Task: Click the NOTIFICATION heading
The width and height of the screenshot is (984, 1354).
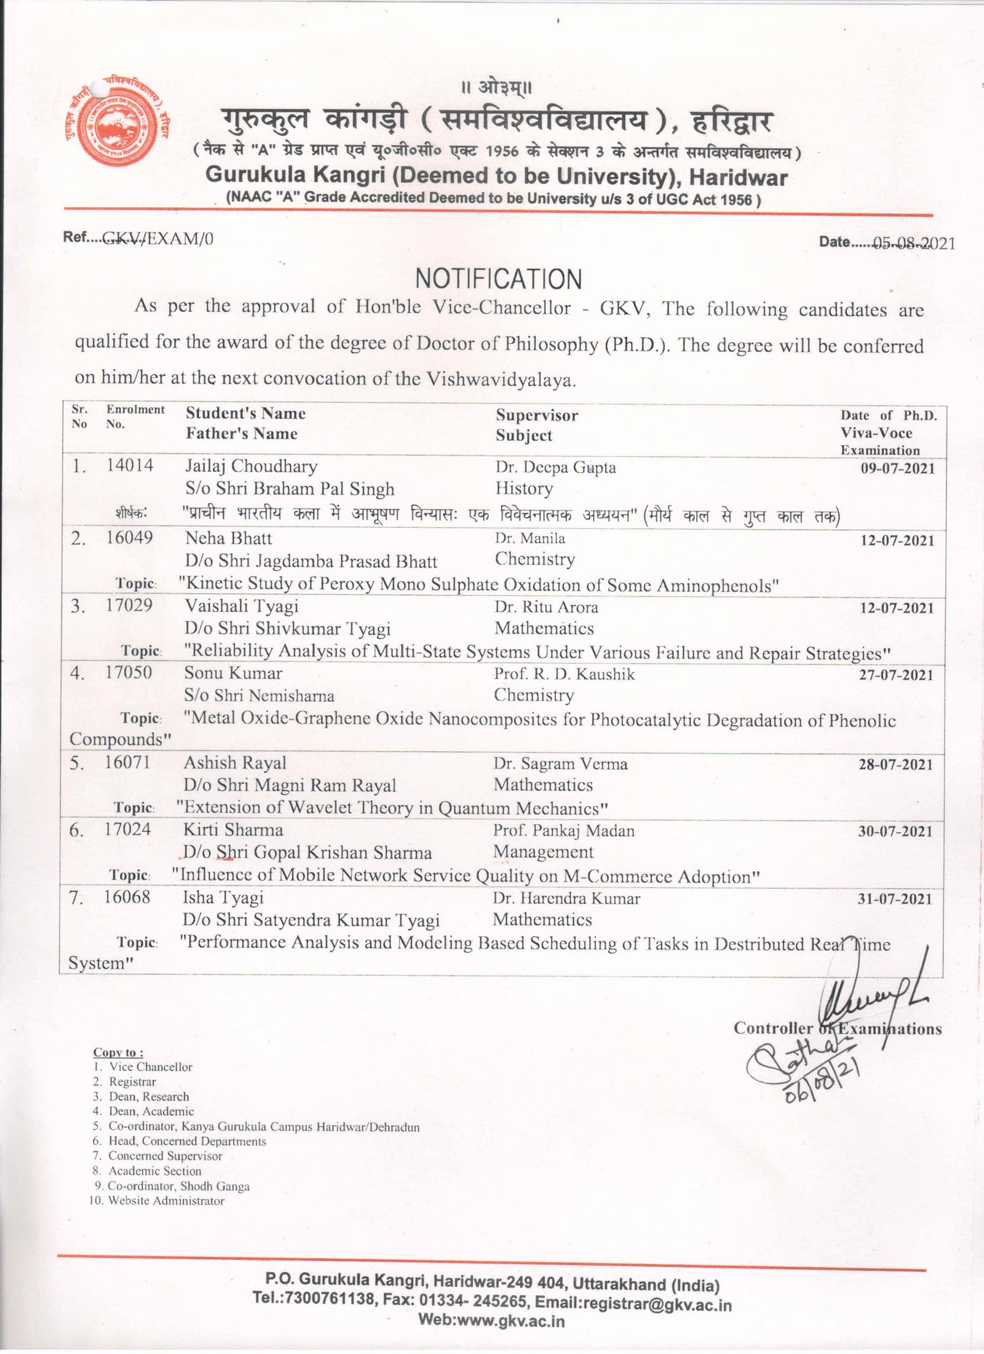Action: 498,279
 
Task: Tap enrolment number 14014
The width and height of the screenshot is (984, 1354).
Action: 130,466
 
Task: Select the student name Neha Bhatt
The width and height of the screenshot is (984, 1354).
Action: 228,538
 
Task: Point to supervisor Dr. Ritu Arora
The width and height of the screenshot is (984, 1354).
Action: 546,607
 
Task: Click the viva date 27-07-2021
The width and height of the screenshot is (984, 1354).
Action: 896,675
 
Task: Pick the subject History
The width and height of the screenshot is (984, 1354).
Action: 524,488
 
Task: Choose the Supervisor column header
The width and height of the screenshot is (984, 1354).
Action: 537,415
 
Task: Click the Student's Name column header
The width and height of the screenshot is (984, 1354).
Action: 245,413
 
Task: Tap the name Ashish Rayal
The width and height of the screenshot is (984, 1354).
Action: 235,763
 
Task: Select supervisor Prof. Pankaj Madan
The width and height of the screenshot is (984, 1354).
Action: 563,831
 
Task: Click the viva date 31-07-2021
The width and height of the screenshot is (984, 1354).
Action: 895,899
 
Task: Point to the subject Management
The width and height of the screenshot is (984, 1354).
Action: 543,852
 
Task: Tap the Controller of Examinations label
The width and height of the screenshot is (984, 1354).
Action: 836,1029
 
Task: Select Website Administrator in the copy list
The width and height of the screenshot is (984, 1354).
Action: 166,1200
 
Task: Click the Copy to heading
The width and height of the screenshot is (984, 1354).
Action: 118,1053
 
